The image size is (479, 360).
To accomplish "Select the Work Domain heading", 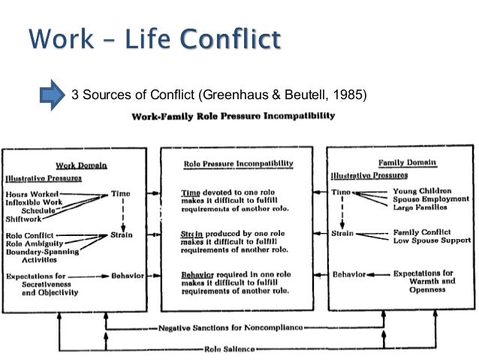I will pos(80,165).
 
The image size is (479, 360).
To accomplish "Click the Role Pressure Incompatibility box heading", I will pos(239,163).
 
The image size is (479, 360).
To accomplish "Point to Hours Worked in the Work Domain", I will pos(30,193).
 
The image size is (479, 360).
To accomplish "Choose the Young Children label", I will pos(422,191).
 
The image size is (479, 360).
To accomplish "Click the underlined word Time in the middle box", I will pos(191,192).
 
